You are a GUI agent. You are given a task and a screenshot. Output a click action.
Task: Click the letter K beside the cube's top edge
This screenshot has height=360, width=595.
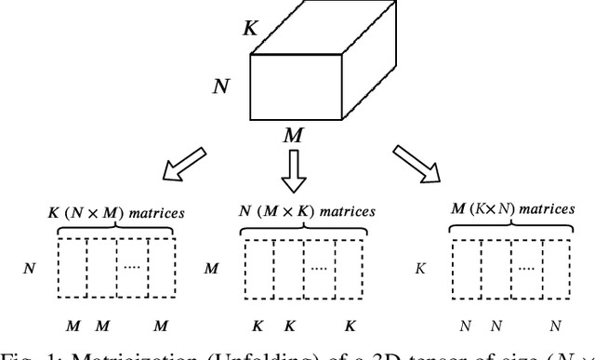250,29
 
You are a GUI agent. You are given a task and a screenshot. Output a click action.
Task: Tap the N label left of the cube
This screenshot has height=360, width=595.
221,87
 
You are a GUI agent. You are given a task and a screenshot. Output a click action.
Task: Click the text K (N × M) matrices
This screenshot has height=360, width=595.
116,212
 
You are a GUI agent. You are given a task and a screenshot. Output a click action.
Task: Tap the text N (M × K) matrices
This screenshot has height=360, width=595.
307,212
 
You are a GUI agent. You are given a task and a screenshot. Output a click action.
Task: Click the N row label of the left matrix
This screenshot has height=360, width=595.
30,268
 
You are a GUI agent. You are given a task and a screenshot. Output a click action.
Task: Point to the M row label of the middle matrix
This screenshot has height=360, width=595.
211,268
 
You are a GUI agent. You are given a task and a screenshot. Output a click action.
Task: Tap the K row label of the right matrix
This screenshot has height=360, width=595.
420,268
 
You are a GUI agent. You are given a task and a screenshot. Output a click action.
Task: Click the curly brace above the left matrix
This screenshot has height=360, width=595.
116,230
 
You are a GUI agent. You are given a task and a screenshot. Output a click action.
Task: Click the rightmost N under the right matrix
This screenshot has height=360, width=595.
555,326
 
